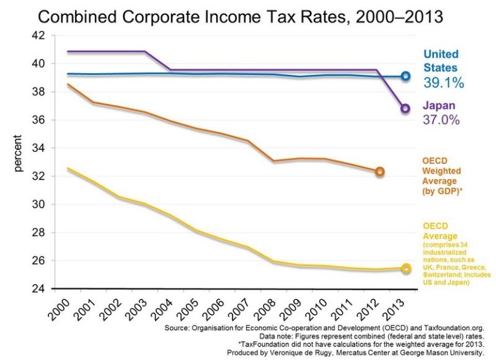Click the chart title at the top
coord(247,16)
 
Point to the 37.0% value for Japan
coord(444,121)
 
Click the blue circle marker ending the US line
coord(406,76)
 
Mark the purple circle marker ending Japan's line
coord(406,108)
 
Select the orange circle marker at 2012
coord(380,171)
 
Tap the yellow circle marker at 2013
coord(406,268)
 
